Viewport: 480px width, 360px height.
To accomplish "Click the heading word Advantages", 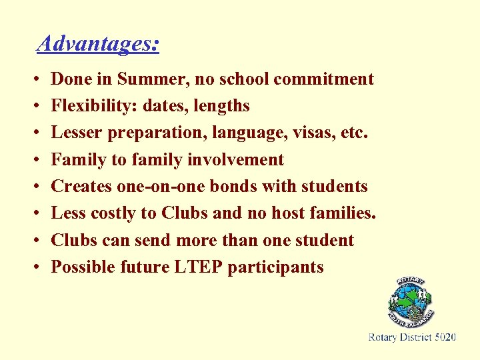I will click(x=98, y=44).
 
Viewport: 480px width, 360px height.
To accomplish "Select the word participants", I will click(x=275, y=267).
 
